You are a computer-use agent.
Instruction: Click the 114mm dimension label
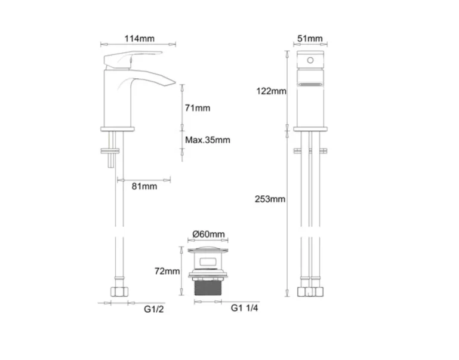click(x=139, y=39)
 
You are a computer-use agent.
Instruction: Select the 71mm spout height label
click(x=198, y=108)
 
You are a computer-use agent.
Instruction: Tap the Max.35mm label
click(x=207, y=140)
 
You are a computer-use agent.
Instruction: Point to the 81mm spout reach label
click(x=144, y=186)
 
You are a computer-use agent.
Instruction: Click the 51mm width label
click(x=310, y=39)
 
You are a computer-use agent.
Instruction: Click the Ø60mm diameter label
click(x=210, y=234)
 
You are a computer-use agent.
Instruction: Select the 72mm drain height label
click(x=167, y=271)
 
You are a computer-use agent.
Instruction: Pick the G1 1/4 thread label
click(x=244, y=309)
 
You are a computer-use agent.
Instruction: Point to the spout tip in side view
click(x=172, y=82)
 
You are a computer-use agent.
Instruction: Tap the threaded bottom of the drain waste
click(x=209, y=288)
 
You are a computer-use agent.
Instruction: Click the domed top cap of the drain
click(x=209, y=246)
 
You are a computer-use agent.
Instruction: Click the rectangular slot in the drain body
click(x=209, y=261)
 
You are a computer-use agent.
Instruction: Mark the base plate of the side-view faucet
click(x=118, y=128)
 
